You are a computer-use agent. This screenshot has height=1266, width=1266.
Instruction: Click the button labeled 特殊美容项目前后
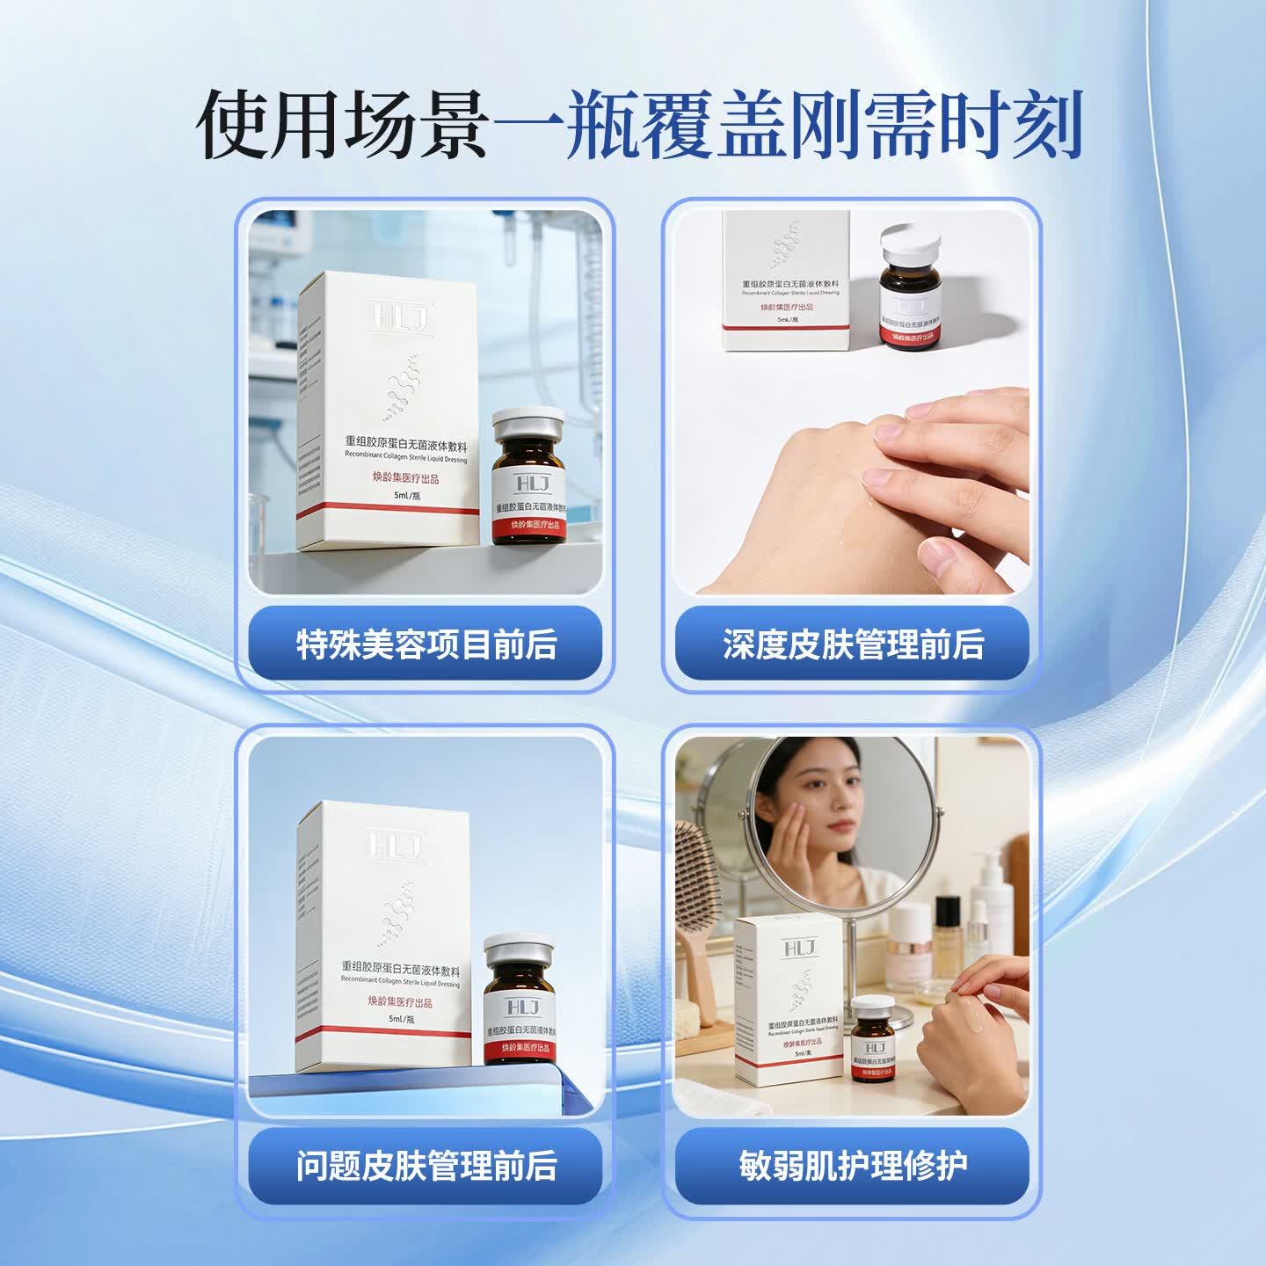pyautogui.click(x=426, y=644)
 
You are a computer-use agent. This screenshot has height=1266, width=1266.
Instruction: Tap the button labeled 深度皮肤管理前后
pyautogui.click(x=852, y=644)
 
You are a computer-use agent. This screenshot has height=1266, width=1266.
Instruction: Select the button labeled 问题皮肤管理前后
pyautogui.click(x=426, y=1166)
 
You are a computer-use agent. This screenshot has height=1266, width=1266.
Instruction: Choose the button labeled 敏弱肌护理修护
pyautogui.click(x=852, y=1166)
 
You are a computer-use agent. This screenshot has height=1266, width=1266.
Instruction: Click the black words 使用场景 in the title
pyautogui.click(x=343, y=125)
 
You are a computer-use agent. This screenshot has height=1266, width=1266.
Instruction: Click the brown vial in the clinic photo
pyautogui.click(x=527, y=479)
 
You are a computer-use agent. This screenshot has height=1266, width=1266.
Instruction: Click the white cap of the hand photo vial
pyautogui.click(x=911, y=241)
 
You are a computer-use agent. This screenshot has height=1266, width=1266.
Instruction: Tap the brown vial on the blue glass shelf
pyautogui.click(x=519, y=1002)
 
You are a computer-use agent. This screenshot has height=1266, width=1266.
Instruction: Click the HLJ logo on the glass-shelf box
pyautogui.click(x=397, y=846)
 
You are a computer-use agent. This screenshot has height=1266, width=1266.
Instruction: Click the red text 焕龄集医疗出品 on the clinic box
pyautogui.click(x=405, y=479)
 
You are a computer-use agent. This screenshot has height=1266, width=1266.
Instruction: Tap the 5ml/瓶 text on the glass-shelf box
pyautogui.click(x=402, y=1019)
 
